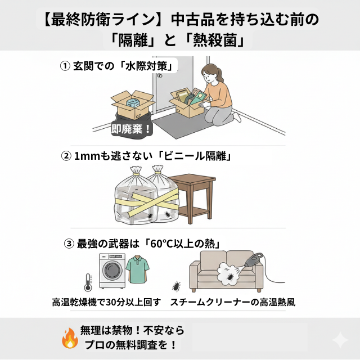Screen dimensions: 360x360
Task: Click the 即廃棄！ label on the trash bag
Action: coord(131,129)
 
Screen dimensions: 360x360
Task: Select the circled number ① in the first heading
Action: coord(65,66)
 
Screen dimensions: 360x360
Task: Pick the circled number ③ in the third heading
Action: coord(69,243)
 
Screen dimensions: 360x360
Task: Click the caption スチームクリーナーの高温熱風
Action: coord(233,302)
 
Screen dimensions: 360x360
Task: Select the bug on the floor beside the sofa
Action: coord(177,286)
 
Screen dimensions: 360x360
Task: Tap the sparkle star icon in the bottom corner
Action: coord(339,340)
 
